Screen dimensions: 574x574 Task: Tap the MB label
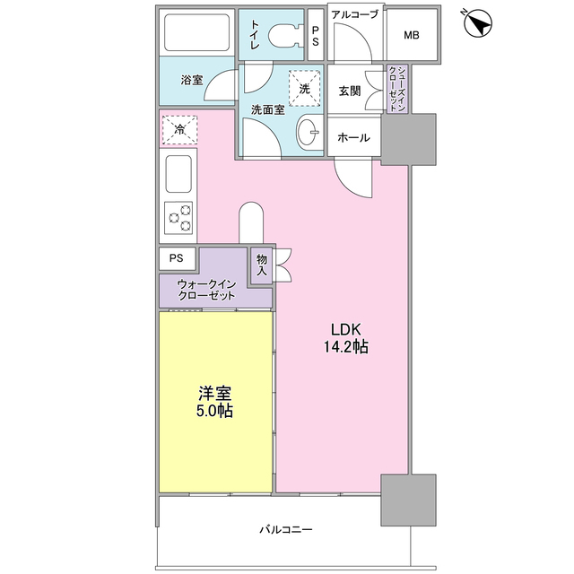tap(412, 36)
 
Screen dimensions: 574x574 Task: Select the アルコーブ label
tap(354, 14)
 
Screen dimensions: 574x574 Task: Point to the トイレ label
tap(256, 37)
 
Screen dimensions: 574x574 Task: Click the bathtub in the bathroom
tap(198, 35)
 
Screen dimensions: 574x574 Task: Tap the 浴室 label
tap(191, 80)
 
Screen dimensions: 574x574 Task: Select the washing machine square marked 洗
tap(304, 88)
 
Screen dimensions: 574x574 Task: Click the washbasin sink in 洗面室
tap(308, 134)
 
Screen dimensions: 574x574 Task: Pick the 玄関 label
tap(350, 91)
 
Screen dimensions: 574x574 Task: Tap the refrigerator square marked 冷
tap(179, 129)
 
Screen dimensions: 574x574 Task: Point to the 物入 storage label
tap(262, 265)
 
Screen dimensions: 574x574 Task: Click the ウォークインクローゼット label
tap(206, 291)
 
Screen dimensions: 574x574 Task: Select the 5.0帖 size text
tap(215, 412)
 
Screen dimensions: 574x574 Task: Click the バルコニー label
tap(285, 530)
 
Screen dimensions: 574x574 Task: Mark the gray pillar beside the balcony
tap(407, 500)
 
